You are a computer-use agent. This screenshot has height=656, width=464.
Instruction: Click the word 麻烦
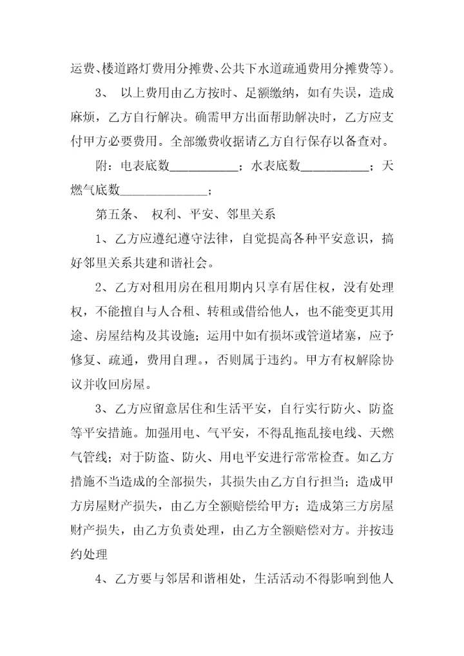pyautogui.click(x=84, y=117)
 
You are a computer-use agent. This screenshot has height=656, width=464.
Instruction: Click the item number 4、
pyautogui.click(x=102, y=577)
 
